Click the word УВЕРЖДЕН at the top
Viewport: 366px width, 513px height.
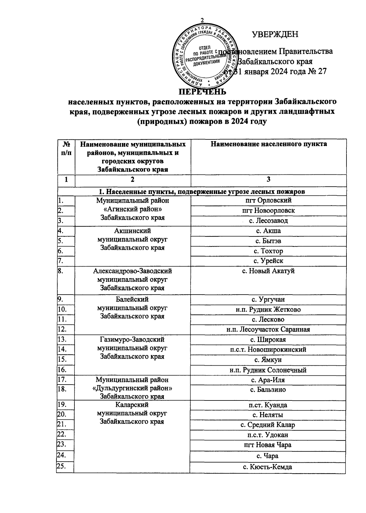pos(275,34)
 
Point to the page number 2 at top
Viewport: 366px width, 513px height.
pos(202,20)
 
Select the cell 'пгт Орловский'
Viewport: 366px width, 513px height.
pos(268,200)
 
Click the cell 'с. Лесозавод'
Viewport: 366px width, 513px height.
pos(268,221)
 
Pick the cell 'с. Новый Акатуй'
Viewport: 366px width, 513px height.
pos(268,271)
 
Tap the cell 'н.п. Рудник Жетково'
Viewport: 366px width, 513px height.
pos(268,310)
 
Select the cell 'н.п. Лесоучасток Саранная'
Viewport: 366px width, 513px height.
pos(268,329)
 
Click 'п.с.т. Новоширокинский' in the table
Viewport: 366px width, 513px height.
pos(268,350)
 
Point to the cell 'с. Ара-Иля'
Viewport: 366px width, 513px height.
pos(268,380)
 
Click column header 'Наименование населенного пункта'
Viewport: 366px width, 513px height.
pos(268,144)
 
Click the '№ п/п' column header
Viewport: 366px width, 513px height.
pos(66,148)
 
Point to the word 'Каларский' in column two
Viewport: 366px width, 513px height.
pos(132,405)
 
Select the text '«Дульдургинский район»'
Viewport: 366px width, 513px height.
pos(132,388)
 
